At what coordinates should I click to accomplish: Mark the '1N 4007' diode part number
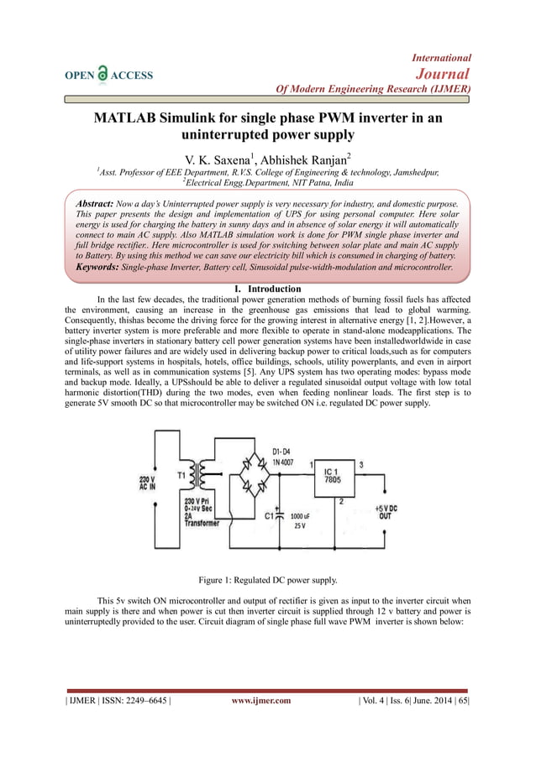point(281,462)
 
